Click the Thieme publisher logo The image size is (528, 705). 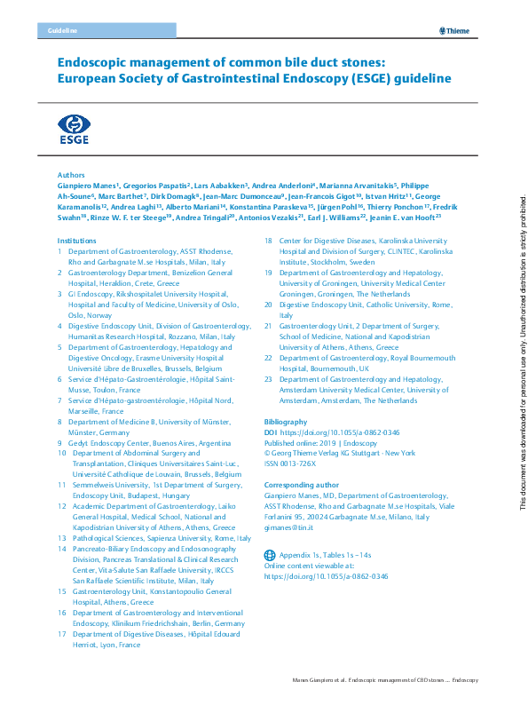click(455, 31)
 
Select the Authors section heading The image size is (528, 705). click(70, 176)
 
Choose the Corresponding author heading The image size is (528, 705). click(302, 485)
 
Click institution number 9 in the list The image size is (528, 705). click(60, 442)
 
